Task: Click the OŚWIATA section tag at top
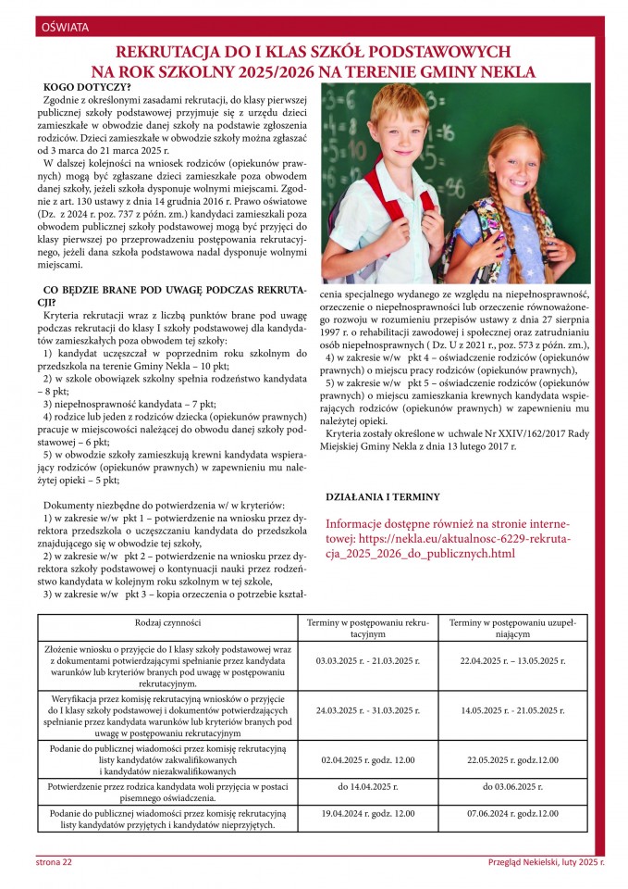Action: coord(65,28)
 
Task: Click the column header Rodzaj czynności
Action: coord(167,622)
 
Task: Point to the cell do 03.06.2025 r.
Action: coord(512,785)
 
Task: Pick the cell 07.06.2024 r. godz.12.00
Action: coord(512,813)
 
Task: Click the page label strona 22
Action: coord(54,863)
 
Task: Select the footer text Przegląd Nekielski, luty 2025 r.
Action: coord(546,863)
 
